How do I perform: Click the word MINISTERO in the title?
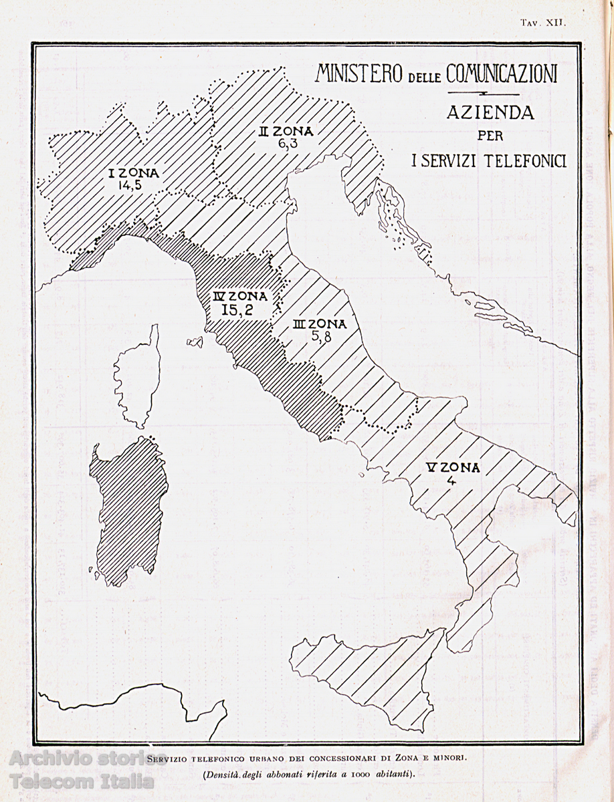(360, 73)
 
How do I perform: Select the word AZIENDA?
(490, 113)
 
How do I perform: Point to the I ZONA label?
(134, 173)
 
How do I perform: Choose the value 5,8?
(320, 337)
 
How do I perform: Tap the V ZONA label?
(453, 467)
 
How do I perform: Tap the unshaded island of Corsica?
(139, 378)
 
